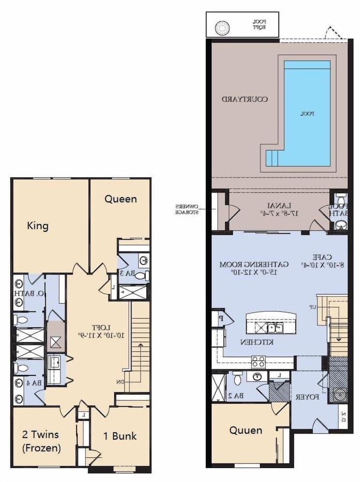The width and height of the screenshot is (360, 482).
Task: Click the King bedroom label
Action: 38,226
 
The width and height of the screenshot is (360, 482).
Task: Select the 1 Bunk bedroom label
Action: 120,436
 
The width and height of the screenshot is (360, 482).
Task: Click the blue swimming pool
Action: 307,113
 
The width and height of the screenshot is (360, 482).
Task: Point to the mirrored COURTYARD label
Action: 245,99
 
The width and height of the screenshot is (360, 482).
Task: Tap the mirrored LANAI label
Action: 277,208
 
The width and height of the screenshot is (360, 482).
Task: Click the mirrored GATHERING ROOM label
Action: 254,268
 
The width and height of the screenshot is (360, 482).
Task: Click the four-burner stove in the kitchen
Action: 258,361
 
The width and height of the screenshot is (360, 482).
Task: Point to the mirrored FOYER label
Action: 307,398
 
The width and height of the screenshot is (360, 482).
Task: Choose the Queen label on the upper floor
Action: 120,199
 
